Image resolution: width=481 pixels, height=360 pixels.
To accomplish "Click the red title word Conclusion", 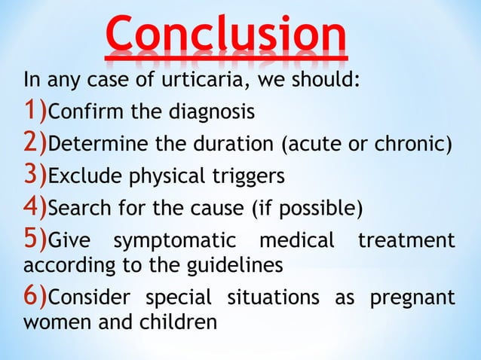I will [226, 34].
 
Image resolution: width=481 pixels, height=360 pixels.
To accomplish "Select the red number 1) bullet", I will [35, 111].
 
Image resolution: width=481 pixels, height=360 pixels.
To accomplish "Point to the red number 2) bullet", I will [35, 143].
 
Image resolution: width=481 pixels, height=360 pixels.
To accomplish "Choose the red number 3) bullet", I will [35, 175].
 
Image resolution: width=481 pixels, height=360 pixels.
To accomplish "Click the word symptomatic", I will [178, 241].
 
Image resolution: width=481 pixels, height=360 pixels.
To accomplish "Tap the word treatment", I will [406, 241].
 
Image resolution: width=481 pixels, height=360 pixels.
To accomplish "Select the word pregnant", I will [412, 299].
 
